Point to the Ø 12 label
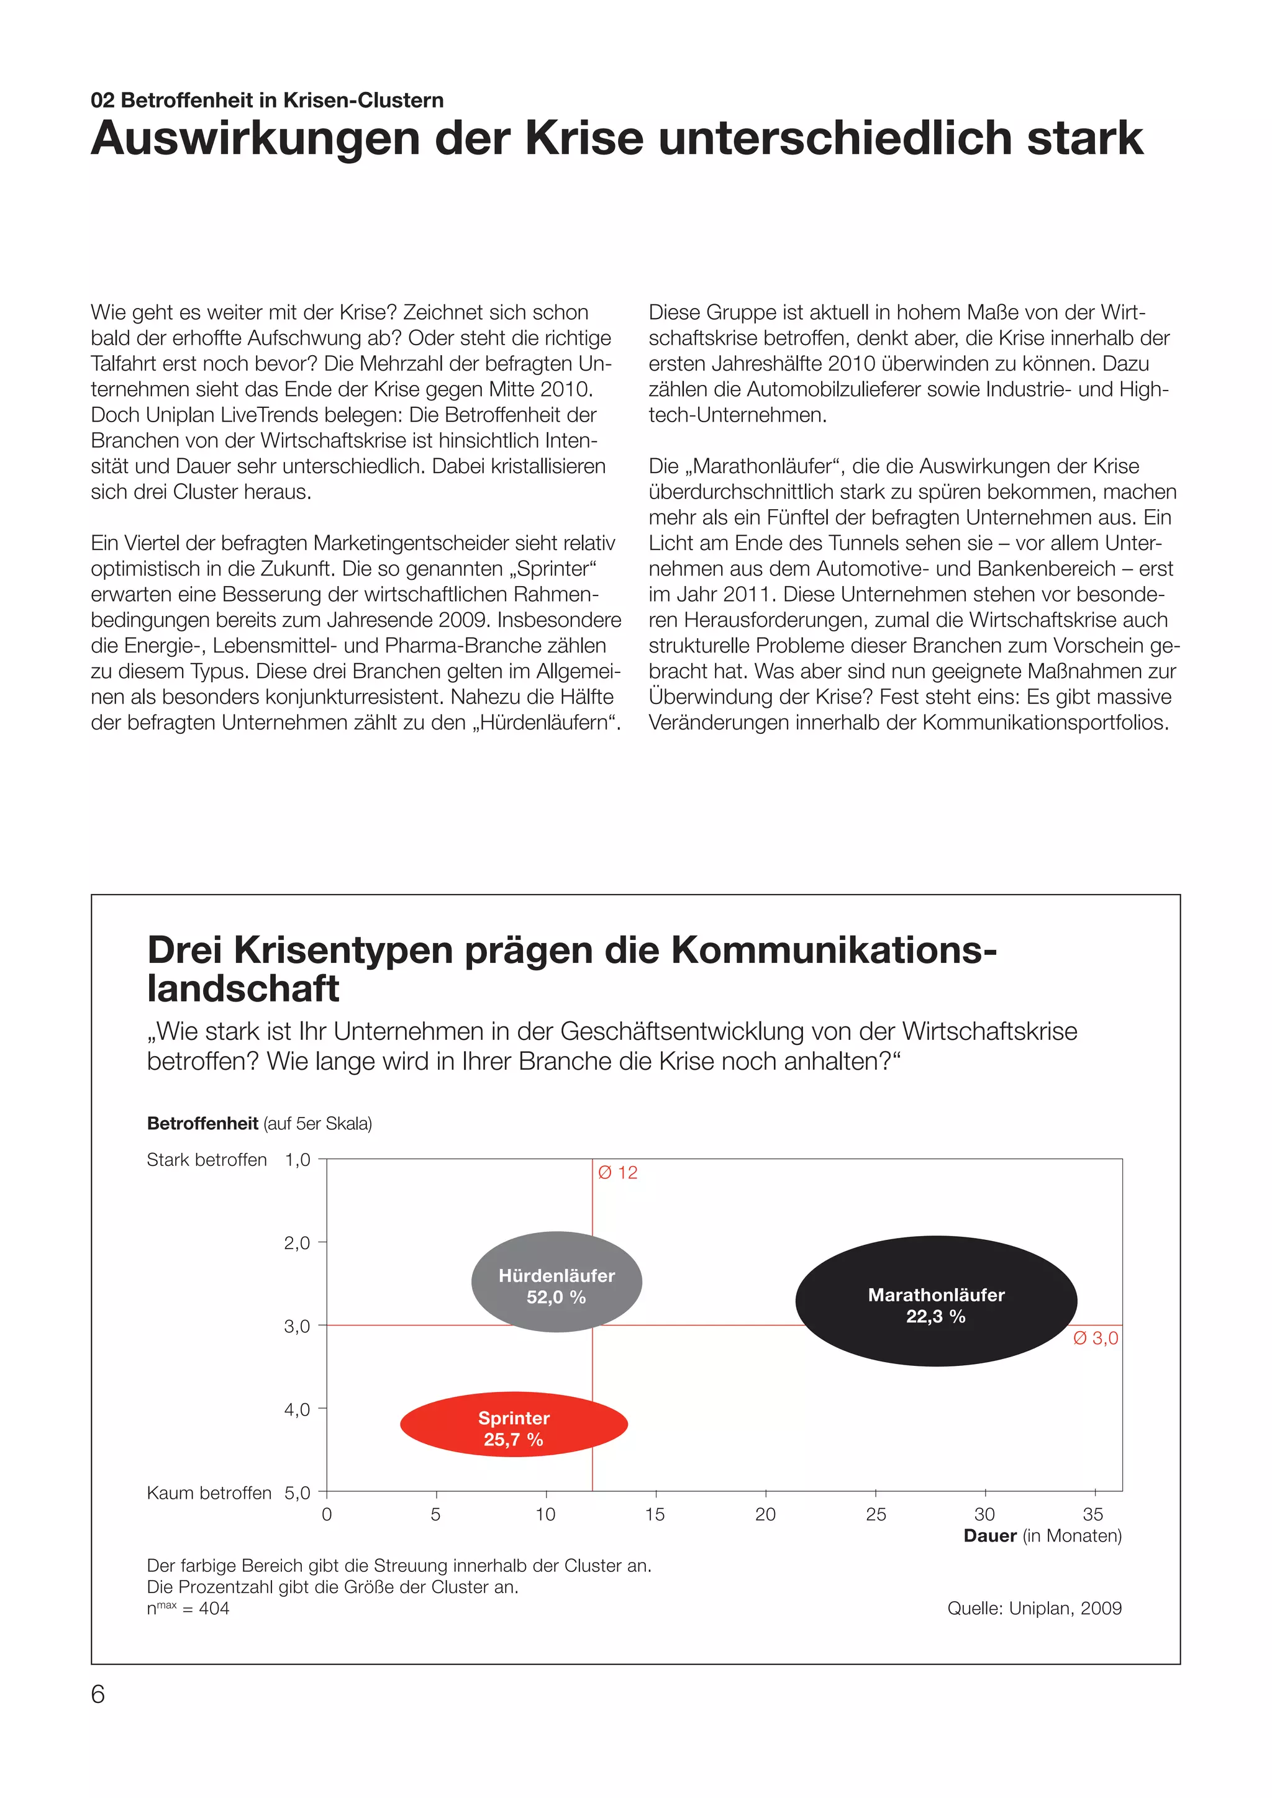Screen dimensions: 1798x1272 [x=617, y=1172]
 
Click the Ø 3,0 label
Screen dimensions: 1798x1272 [x=1095, y=1337]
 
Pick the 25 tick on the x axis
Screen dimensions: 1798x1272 [x=876, y=1514]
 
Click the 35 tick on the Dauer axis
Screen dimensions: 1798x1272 [x=1093, y=1514]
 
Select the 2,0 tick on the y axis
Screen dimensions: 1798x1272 [x=297, y=1243]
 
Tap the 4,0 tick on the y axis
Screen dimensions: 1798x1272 [x=297, y=1409]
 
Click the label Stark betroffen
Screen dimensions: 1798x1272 [x=207, y=1160]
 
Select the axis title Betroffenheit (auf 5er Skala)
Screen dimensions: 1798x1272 [x=259, y=1124]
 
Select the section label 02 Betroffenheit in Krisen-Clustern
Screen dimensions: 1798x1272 [x=267, y=100]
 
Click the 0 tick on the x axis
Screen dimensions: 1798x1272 [x=327, y=1514]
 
